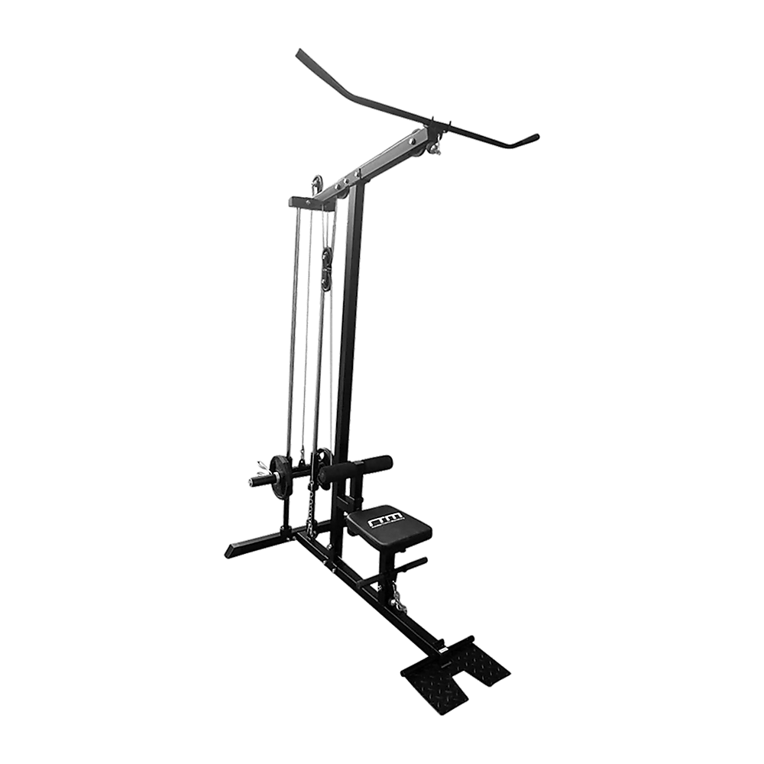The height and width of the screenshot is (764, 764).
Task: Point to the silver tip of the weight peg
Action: tap(253, 481)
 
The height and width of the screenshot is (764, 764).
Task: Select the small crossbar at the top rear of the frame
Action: tap(306, 200)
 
